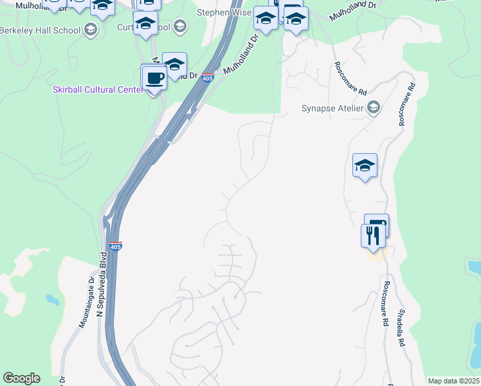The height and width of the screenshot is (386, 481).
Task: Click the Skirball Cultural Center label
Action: [97, 89]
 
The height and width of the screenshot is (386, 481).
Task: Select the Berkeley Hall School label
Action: [40, 30]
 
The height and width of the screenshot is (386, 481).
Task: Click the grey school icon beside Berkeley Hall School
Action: [91, 30]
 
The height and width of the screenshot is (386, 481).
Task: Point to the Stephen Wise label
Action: [223, 12]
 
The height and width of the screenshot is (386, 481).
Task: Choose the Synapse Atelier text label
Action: [332, 108]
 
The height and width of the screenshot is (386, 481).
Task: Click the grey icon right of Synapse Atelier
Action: [373, 108]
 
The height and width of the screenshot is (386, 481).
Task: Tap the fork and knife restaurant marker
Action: [373, 236]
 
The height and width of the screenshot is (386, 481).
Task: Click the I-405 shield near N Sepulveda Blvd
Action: [115, 246]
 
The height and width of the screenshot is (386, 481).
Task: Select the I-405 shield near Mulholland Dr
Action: [207, 78]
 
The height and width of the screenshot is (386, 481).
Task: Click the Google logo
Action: [21, 378]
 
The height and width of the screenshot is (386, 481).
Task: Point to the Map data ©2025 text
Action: [453, 381]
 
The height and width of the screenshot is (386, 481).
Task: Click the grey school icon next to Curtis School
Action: [180, 27]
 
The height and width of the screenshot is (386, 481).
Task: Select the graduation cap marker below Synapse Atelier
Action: [365, 166]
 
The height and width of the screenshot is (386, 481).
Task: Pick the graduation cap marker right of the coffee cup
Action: [174, 65]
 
